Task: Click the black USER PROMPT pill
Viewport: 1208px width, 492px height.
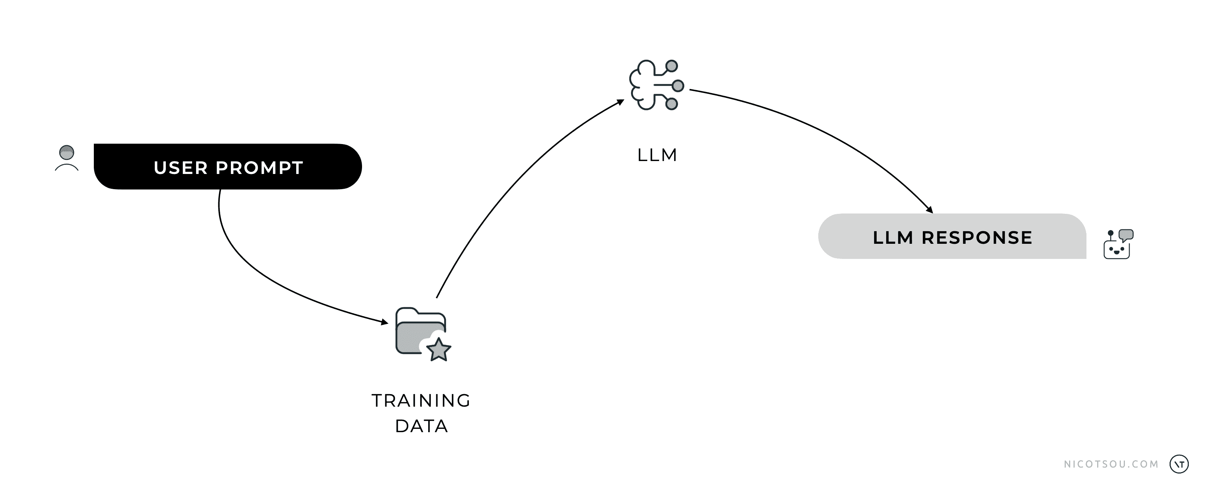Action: point(228,167)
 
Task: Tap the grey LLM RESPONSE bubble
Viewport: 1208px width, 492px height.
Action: point(952,236)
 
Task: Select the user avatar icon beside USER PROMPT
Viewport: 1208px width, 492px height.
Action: point(66,158)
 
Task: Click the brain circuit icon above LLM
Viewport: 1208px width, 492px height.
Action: point(656,85)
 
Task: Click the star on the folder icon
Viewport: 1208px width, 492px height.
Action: point(439,349)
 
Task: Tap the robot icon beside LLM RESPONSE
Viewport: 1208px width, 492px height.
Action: point(1119,244)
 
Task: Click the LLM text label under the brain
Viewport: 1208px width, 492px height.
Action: point(657,155)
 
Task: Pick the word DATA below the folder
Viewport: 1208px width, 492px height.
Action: point(421,426)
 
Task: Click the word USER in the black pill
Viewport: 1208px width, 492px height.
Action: point(181,167)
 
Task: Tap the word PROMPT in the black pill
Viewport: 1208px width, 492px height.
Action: point(259,167)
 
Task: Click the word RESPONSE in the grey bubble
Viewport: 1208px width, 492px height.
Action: point(977,238)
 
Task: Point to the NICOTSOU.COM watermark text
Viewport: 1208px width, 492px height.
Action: point(1111,464)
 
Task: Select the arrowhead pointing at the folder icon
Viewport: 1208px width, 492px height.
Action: point(385,322)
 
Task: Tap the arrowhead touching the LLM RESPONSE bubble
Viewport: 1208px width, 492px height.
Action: point(929,210)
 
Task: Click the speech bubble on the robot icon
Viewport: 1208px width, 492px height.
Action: point(1126,235)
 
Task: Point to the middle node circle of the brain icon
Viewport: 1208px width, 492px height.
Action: point(678,86)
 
